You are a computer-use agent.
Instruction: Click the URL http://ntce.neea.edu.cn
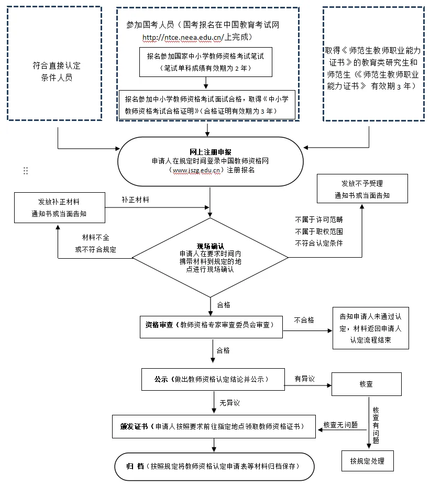click(183, 38)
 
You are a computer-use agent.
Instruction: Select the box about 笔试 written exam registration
click(206, 62)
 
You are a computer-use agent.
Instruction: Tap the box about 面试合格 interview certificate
click(208, 105)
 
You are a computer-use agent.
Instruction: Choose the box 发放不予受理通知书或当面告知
click(361, 189)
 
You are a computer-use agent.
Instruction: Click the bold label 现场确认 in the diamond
click(210, 246)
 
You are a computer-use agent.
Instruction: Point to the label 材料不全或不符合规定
click(96, 244)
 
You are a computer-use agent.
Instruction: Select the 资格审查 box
click(212, 325)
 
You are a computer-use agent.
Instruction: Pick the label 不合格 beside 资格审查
click(304, 320)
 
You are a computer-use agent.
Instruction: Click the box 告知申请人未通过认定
click(370, 328)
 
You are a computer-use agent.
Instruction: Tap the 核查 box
click(366, 384)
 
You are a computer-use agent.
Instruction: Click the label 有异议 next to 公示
click(304, 379)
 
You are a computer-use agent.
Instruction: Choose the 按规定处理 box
click(367, 461)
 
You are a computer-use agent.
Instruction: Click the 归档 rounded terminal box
click(214, 467)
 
